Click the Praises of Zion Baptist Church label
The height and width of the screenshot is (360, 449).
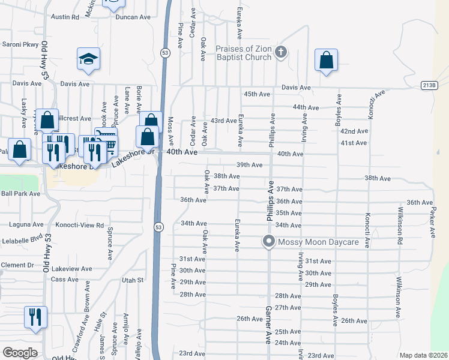pyautogui.click(x=241, y=52)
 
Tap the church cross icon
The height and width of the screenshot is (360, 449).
pyautogui.click(x=280, y=52)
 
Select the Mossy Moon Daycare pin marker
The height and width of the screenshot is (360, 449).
pyautogui.click(x=268, y=242)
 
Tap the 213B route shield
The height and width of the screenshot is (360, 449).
pyautogui.click(x=429, y=85)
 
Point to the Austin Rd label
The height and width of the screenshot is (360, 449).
pyautogui.click(x=65, y=17)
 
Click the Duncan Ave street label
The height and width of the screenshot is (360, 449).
pyautogui.click(x=133, y=17)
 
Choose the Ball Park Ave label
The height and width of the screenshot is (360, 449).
pyautogui.click(x=20, y=194)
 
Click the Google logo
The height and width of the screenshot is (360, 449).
pyautogui.click(x=20, y=353)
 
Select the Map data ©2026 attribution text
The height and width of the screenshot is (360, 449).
pyautogui.click(x=423, y=355)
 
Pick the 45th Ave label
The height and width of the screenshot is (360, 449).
pyautogui.click(x=257, y=94)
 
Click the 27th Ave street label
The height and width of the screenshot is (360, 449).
pyautogui.click(x=288, y=307)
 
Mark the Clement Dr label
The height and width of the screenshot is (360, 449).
pyautogui.click(x=17, y=265)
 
